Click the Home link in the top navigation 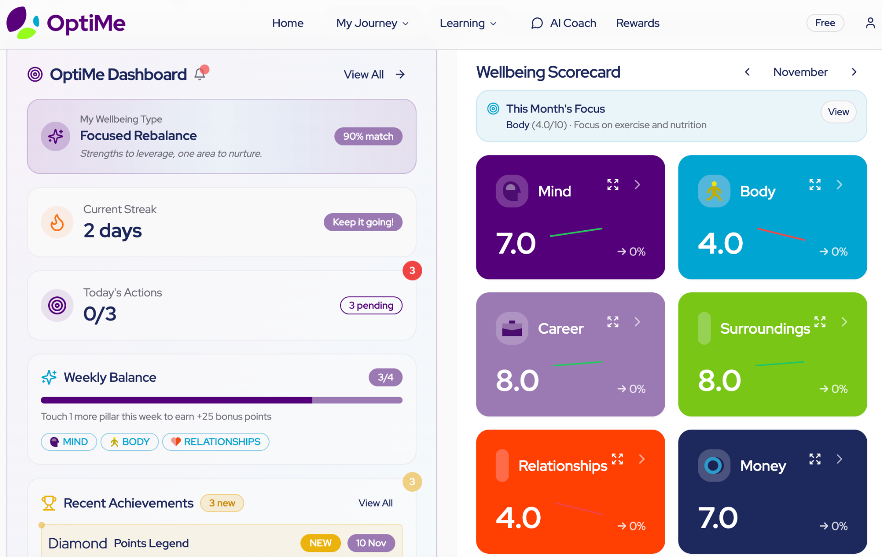tap(288, 23)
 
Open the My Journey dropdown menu tap(372, 23)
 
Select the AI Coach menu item tap(564, 23)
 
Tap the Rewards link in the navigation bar tap(638, 23)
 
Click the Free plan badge tap(825, 23)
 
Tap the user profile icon tap(870, 23)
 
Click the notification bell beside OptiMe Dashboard tap(200, 74)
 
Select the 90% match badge tap(368, 136)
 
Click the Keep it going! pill tap(363, 222)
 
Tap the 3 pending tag tap(371, 306)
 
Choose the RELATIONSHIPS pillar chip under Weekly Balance tap(216, 442)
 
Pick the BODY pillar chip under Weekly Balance tap(130, 442)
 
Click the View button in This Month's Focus tap(838, 112)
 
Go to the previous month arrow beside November tap(747, 72)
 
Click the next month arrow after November tap(854, 72)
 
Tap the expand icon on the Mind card tap(613, 185)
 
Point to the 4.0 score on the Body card tap(720, 243)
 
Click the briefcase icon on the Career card tap(512, 329)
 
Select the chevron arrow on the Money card tap(839, 459)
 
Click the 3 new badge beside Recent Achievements tap(222, 503)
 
